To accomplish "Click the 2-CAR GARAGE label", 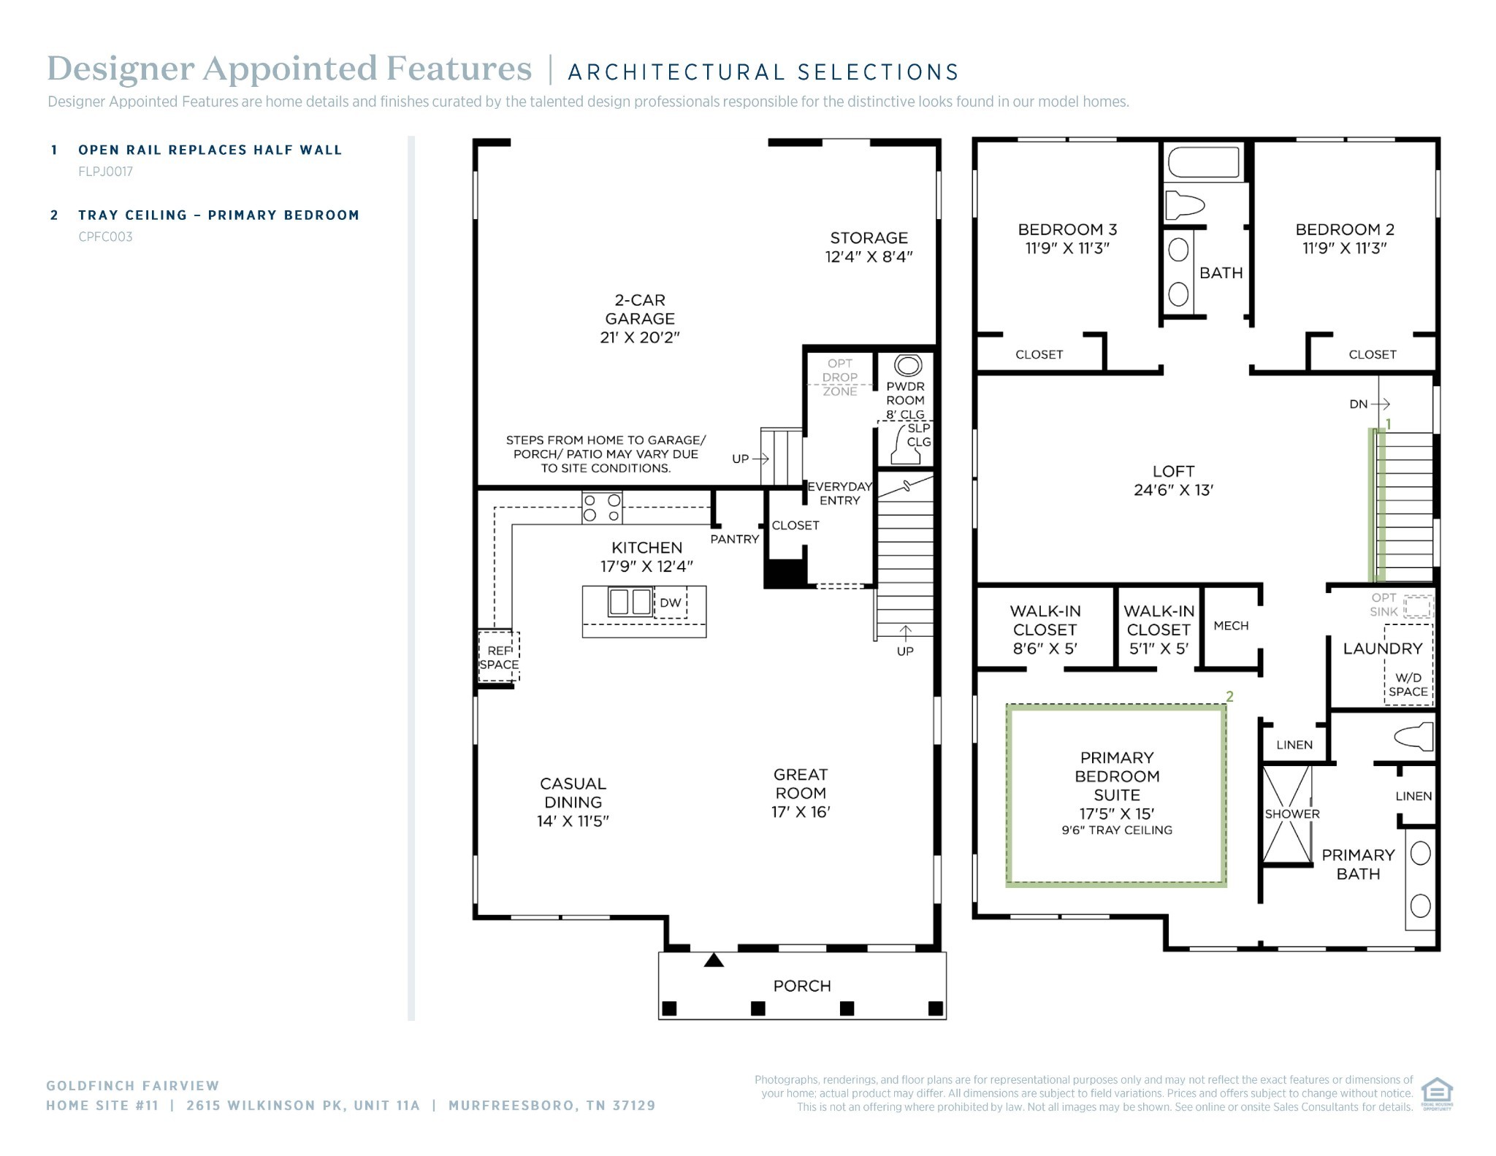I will [639, 318].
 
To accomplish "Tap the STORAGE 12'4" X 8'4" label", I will [869, 247].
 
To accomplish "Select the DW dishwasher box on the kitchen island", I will [671, 603].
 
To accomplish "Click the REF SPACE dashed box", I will [499, 657].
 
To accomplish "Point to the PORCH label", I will [801, 986].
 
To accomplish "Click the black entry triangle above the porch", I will [714, 960].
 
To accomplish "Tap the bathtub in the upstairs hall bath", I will [1203, 162].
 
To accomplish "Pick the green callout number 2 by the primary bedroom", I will [1229, 697].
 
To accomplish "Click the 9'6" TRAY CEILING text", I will [1116, 830].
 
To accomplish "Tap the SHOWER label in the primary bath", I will [1291, 814].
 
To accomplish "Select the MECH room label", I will [1231, 626].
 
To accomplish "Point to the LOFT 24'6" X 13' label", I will [1173, 481].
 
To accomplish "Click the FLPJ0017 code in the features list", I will [105, 172].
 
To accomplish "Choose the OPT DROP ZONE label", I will [839, 377].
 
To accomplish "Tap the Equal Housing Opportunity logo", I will [1436, 1093].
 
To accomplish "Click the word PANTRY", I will [734, 539].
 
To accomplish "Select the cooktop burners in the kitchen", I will [602, 508].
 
